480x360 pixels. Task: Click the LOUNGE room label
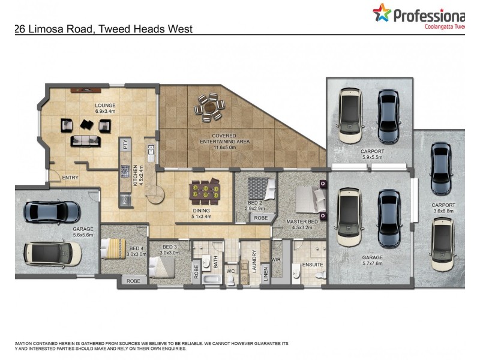click(105, 105)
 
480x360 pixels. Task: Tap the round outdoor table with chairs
click(209, 106)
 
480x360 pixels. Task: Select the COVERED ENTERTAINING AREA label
click(223, 139)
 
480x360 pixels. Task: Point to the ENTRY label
click(70, 178)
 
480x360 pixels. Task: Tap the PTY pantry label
click(125, 144)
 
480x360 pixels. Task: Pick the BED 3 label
click(170, 247)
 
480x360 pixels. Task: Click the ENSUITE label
click(313, 265)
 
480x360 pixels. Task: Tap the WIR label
click(276, 260)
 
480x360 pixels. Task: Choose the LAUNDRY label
click(255, 262)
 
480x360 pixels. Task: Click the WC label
click(230, 271)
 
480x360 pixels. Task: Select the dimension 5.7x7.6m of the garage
click(372, 263)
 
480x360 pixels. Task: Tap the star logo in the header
click(381, 13)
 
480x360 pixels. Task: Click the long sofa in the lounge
click(86, 140)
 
